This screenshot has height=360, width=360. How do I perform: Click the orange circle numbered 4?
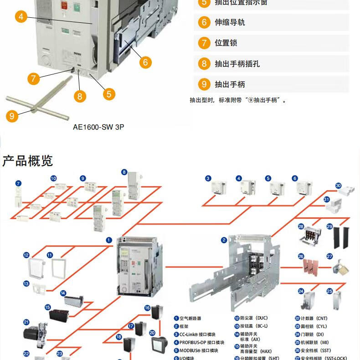(x=21, y=17)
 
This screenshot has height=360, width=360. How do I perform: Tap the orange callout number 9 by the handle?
(x=12, y=116)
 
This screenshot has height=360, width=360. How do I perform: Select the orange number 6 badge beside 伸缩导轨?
(x=204, y=22)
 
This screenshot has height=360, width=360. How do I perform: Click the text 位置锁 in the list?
(x=226, y=43)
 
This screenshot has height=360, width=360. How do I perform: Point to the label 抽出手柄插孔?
(x=237, y=64)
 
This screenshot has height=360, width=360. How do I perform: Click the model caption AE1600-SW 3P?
(x=98, y=127)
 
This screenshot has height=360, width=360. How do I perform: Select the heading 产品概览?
(x=28, y=161)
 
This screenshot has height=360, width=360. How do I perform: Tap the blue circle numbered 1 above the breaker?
(x=109, y=240)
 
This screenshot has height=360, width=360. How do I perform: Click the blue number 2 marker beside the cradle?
(x=224, y=240)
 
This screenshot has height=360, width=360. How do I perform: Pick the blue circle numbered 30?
(x=338, y=186)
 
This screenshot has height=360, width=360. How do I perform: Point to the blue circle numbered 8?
(x=124, y=172)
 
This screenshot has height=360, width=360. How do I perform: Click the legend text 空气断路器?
(x=190, y=318)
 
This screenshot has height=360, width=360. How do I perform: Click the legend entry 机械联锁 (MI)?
(x=314, y=342)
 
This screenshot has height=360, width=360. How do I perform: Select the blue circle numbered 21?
(x=26, y=322)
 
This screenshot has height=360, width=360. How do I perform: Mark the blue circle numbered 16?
(x=147, y=308)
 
